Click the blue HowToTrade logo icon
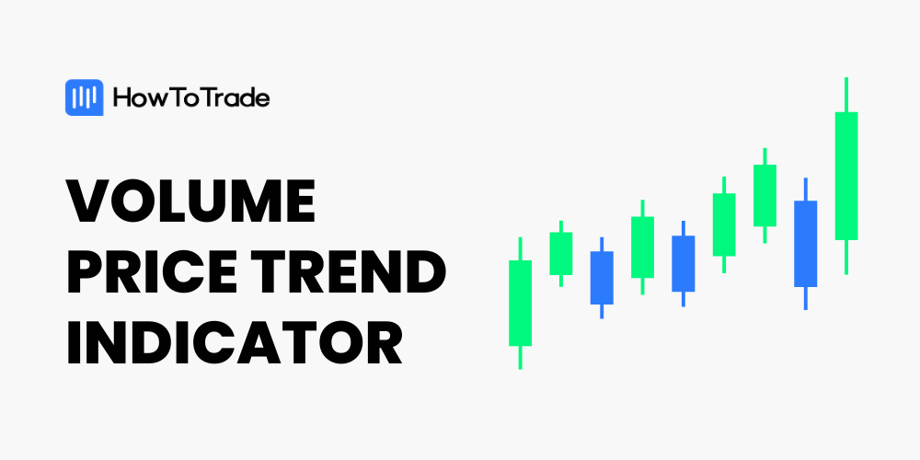pos(84,98)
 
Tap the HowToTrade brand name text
pos(191,98)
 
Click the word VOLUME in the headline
pos(191,200)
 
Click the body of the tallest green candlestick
pos(846,176)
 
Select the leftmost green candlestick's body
pos(520,303)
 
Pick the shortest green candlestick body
pos(561,254)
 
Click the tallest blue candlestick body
pos(806,244)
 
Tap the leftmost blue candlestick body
pos(602,278)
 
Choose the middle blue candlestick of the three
pos(683,263)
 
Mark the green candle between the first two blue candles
pos(642,247)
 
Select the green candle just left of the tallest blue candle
pos(765,195)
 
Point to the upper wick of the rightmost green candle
pos(846,95)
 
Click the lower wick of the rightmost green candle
pos(846,257)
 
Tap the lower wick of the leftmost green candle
pos(520,357)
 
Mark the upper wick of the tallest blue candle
pos(806,189)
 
